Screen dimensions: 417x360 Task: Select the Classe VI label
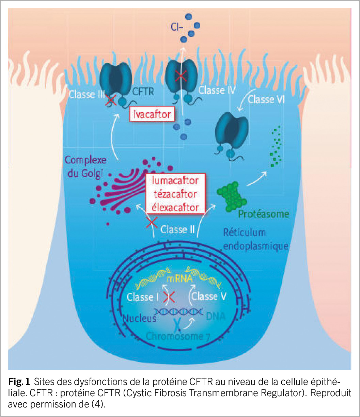266,100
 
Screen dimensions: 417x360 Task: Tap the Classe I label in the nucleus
143,297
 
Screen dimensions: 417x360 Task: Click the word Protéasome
264,214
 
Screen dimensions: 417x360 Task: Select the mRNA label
179,280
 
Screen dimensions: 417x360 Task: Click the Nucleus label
139,318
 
